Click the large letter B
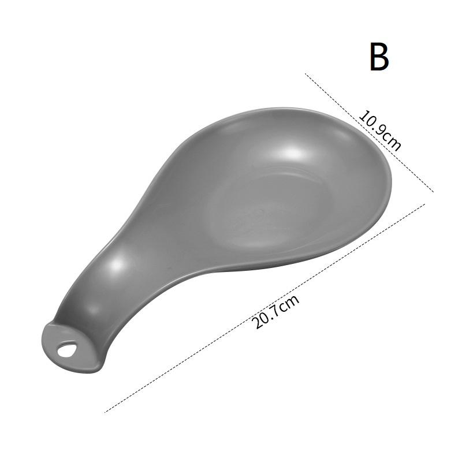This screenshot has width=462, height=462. pyautogui.click(x=379, y=57)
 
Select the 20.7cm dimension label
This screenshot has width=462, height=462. pyautogui.click(x=278, y=312)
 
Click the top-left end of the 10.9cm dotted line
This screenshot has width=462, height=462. pyautogui.click(x=306, y=74)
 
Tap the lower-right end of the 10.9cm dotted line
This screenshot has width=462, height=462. pyautogui.click(x=433, y=191)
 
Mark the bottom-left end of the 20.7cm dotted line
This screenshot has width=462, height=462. pyautogui.click(x=106, y=412)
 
